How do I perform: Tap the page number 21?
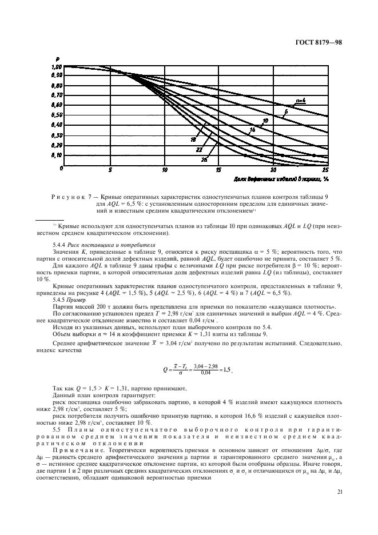tap(340, 491)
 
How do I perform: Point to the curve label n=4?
tap(301, 101)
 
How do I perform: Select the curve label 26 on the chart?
tap(204, 160)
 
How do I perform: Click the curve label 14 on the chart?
tap(252, 130)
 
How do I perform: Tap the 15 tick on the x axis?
tap(218, 170)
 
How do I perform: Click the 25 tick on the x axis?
tap(326, 170)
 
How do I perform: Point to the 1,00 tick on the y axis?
tap(57, 67)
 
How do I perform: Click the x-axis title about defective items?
tap(274, 178)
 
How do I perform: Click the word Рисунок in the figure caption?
tap(69, 197)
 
